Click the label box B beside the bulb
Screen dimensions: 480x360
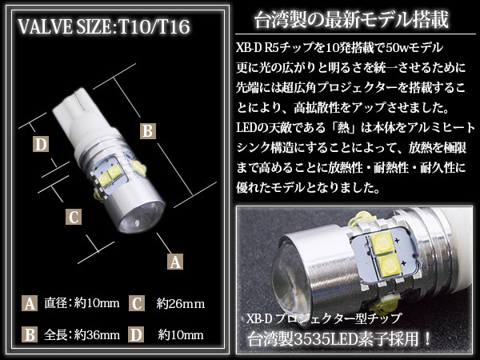point(148,131)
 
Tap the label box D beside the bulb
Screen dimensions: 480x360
point(41,144)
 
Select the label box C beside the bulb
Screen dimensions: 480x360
point(74,217)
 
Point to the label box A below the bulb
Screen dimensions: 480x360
point(175,262)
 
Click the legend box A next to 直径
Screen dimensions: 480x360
point(30,303)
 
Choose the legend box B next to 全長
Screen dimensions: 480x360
point(30,334)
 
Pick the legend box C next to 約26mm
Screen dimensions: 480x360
point(137,303)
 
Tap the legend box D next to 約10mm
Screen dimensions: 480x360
point(137,334)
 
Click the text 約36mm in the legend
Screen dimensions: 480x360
point(97,335)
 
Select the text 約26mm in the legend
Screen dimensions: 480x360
point(181,304)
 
